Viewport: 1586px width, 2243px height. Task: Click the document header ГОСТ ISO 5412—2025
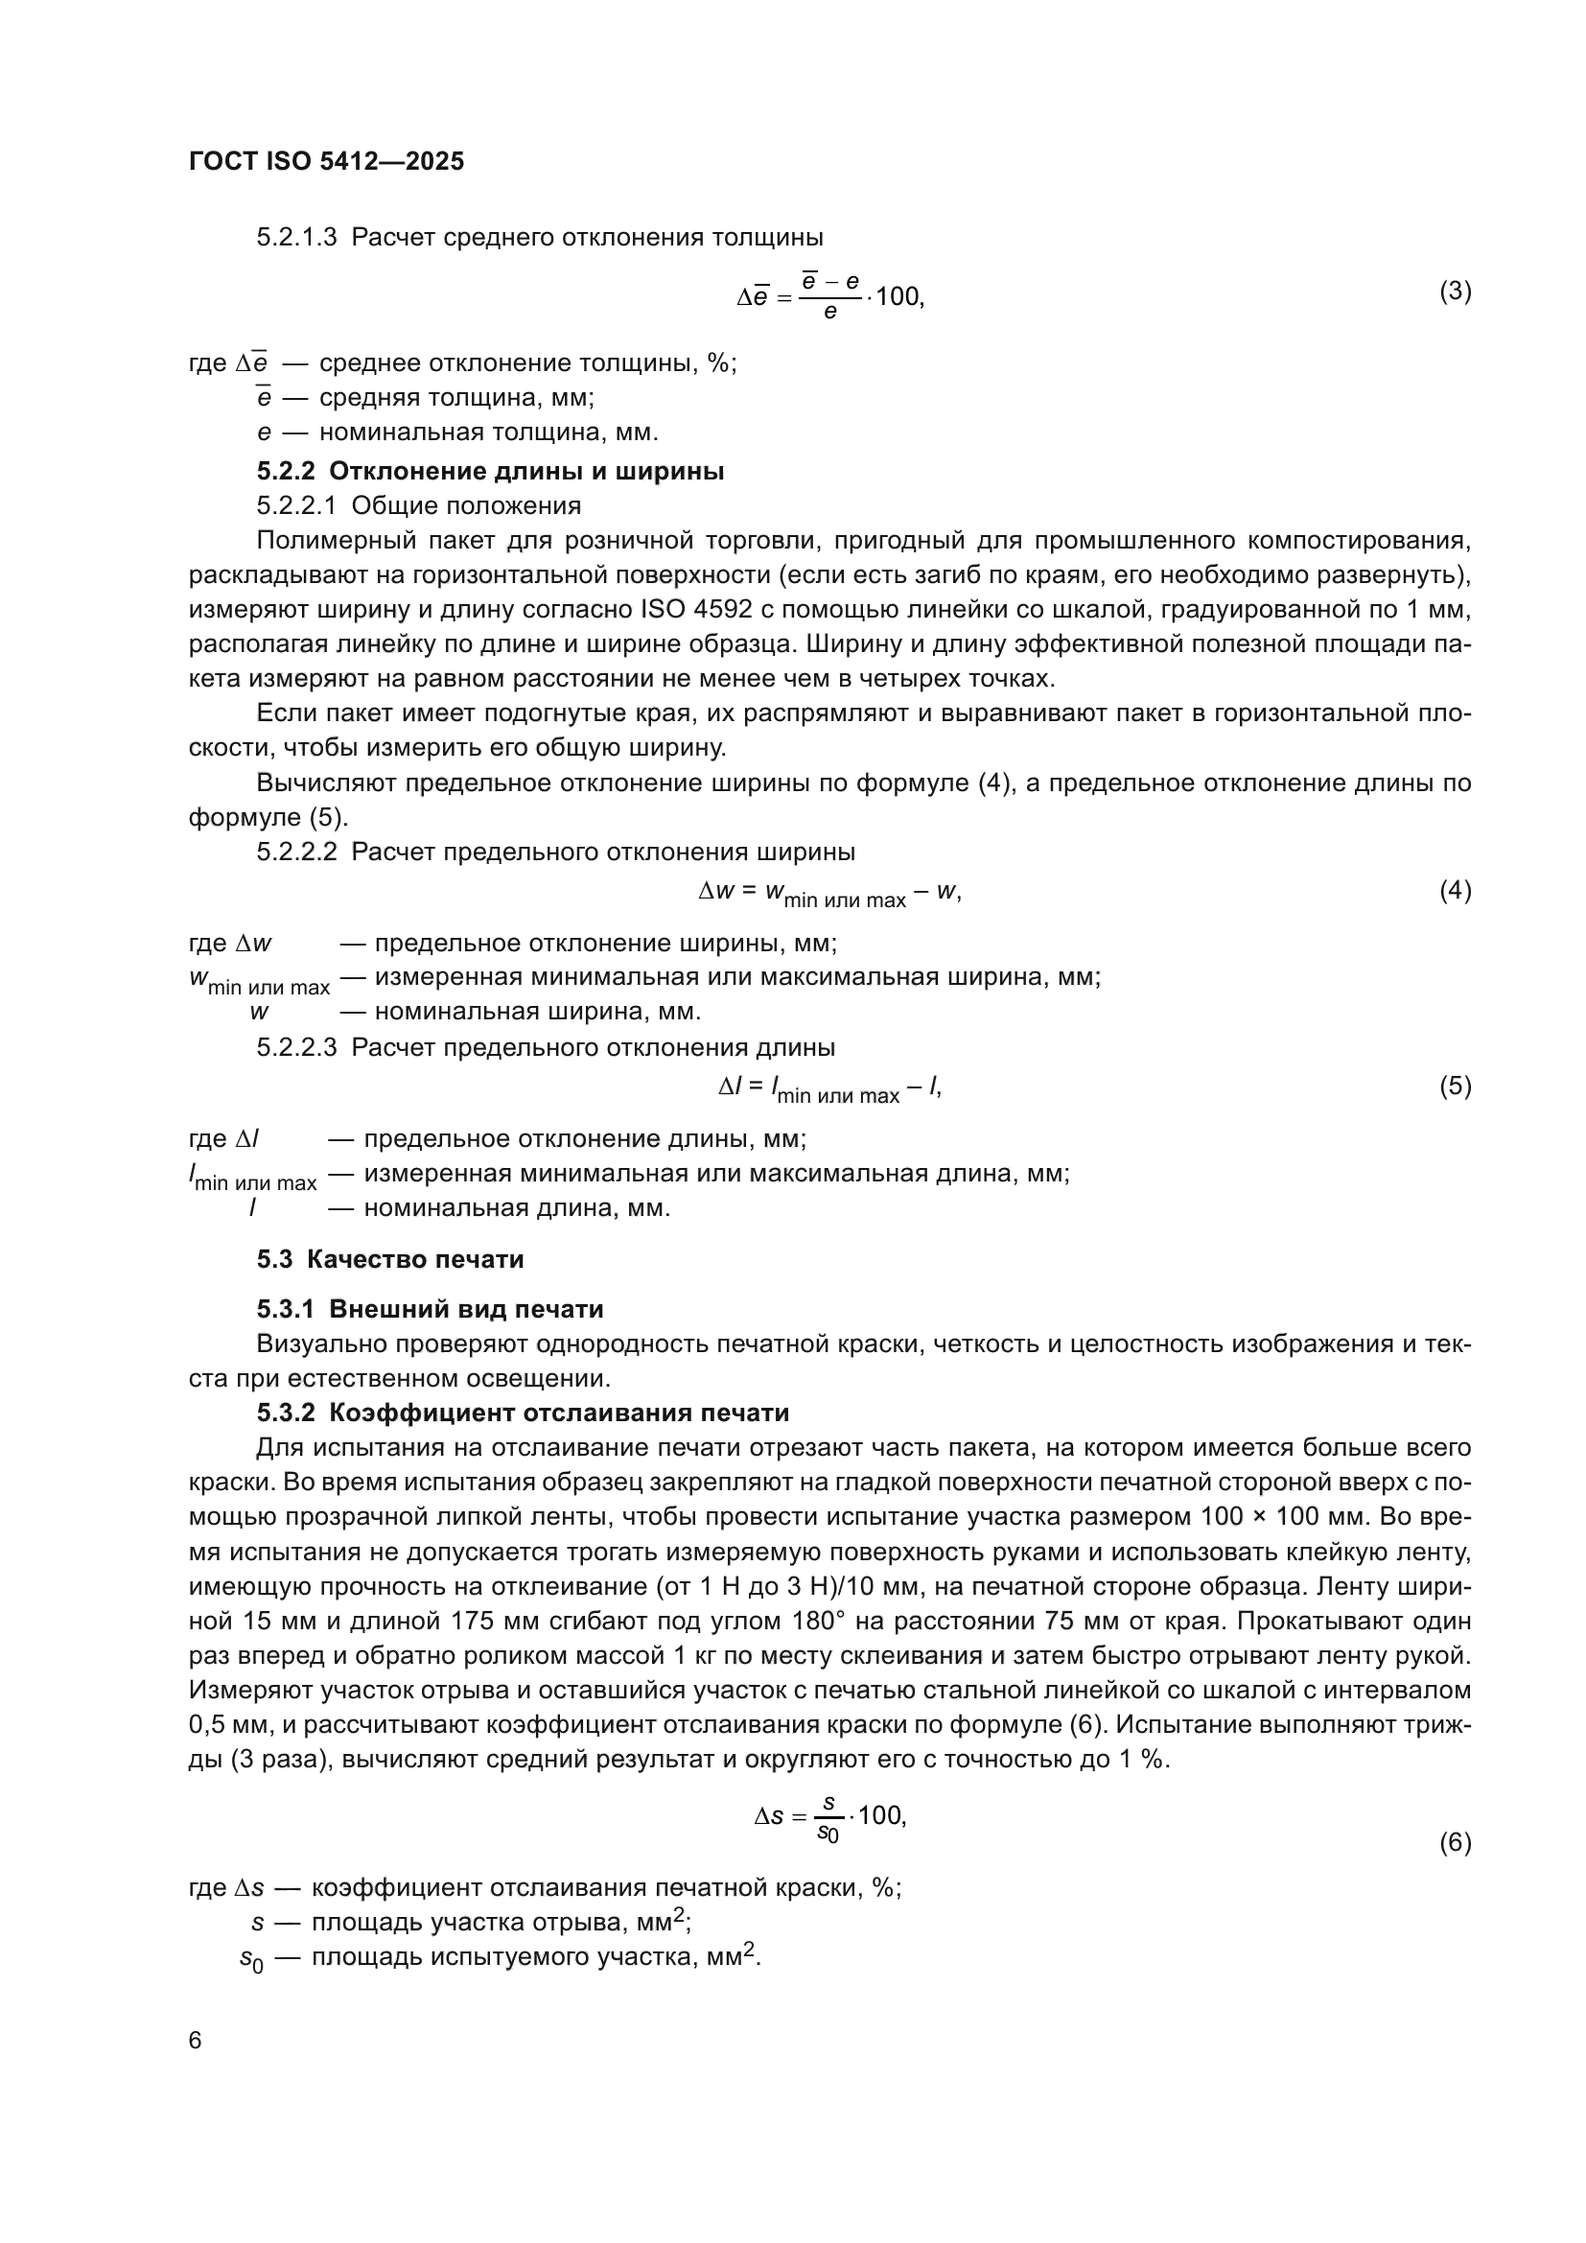click(x=326, y=161)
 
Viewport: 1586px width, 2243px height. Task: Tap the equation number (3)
click(x=1455, y=292)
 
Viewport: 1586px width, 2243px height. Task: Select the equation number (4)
click(x=1455, y=890)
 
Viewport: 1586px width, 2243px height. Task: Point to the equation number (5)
click(x=1455, y=1086)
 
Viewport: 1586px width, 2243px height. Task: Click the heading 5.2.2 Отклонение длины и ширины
click(x=490, y=471)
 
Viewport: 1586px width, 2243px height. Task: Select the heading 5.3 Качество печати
click(x=389, y=1259)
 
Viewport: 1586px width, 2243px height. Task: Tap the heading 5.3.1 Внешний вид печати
click(x=430, y=1309)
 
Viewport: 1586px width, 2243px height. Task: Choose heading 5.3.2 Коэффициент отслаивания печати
click(x=523, y=1413)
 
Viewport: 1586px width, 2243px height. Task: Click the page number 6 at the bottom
click(x=196, y=2039)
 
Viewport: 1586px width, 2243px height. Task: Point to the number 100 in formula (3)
click(x=898, y=296)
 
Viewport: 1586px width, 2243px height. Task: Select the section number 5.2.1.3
click(x=296, y=238)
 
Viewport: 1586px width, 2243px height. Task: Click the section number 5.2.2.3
click(x=296, y=1047)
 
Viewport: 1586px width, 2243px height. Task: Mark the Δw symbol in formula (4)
click(x=716, y=890)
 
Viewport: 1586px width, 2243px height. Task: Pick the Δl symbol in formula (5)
click(x=730, y=1086)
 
